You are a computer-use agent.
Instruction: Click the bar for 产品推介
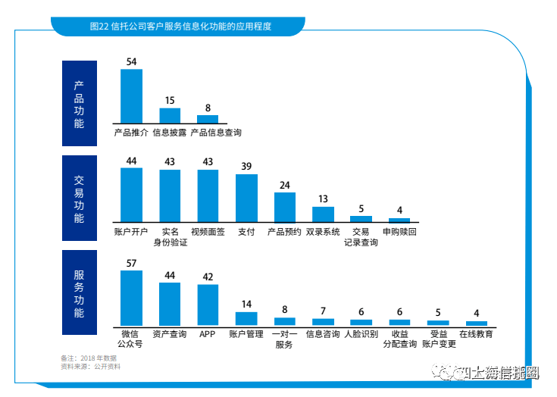point(131,95)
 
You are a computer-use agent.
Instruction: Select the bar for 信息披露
point(170,115)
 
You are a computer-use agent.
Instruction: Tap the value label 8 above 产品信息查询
point(208,108)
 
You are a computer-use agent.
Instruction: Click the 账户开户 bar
point(131,194)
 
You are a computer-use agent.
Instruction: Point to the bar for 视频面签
point(208,195)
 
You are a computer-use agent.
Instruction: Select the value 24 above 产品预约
point(285,185)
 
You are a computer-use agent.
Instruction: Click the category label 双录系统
point(323,232)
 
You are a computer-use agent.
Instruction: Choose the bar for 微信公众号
point(131,298)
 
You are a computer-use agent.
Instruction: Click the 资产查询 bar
point(170,304)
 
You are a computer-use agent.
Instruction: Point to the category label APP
point(208,333)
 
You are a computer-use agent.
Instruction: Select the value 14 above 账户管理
point(246,305)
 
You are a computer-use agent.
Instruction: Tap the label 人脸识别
point(361,333)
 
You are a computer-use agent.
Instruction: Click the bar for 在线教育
point(476,324)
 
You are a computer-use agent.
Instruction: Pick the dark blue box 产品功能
point(79,103)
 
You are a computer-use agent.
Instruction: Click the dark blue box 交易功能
point(79,198)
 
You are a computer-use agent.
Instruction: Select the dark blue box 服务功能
point(79,292)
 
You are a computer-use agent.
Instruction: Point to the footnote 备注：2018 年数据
point(88,358)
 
